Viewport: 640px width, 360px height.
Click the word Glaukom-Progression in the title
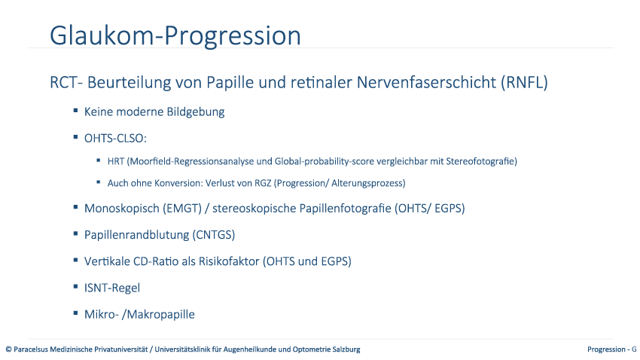coord(175,36)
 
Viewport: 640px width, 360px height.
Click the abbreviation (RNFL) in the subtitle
coord(525,82)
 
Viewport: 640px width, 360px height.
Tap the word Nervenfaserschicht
coord(427,82)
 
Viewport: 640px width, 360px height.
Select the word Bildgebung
coord(196,112)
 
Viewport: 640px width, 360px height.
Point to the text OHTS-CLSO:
coord(115,139)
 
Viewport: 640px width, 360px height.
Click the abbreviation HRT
coord(116,161)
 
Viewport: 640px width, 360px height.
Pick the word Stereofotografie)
coord(482,161)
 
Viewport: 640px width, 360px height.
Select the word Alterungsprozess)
coord(368,183)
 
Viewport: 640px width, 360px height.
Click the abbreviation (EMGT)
coord(182,208)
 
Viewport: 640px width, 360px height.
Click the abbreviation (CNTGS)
coord(214,235)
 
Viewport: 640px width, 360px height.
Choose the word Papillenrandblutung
coord(137,235)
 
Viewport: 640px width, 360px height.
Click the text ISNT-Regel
coord(112,288)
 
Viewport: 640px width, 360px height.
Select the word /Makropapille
coord(158,314)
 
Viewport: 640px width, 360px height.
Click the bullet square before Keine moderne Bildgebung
coord(75,111)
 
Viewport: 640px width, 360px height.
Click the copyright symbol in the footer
coord(8,349)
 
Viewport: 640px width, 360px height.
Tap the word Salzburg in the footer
coord(347,349)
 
